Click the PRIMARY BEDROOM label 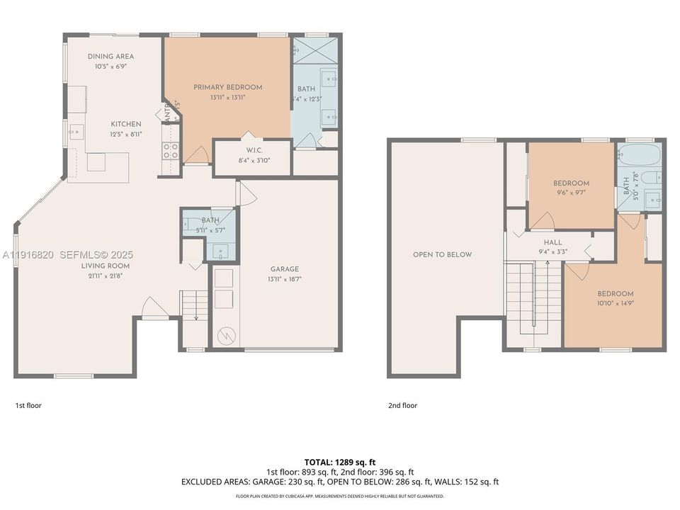227,87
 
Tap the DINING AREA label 110,57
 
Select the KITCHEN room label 125,124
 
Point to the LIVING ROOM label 105,266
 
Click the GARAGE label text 284,269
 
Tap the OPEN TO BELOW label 442,254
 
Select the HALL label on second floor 553,242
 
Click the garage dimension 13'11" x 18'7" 284,279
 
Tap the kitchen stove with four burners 170,150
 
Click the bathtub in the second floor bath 640,155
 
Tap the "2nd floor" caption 402,406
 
